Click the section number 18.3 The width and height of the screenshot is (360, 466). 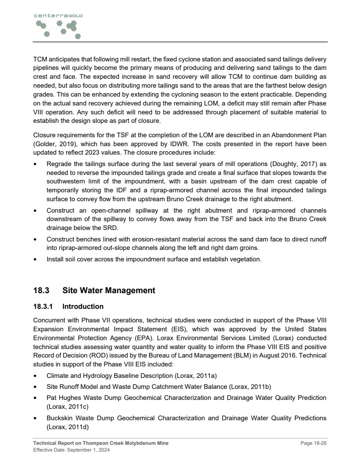[42, 291]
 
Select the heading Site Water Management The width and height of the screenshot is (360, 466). [109, 291]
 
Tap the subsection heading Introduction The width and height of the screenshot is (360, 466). [83, 306]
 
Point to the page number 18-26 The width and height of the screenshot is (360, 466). [314, 443]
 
